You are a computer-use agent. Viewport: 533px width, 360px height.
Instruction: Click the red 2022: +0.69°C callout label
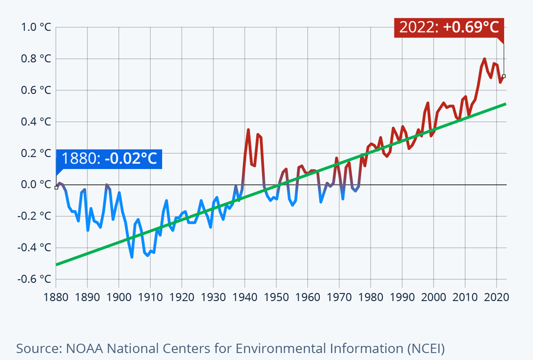pyautogui.click(x=449, y=27)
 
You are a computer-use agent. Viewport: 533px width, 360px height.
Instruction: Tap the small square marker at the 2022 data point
pyautogui.click(x=504, y=76)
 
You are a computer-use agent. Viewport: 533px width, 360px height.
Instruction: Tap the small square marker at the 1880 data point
pyautogui.click(x=56, y=188)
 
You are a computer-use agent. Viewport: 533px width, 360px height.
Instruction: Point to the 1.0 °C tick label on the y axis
pyautogui.click(x=36, y=27)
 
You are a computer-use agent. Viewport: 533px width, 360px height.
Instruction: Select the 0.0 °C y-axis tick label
pyautogui.click(x=36, y=185)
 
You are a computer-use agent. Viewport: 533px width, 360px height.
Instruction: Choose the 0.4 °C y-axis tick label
pyautogui.click(x=36, y=122)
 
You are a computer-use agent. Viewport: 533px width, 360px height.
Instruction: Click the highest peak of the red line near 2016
pyautogui.click(x=484, y=59)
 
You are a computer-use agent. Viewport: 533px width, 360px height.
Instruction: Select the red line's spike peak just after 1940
pyautogui.click(x=248, y=129)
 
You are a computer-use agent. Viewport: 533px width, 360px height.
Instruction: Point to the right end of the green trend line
pyautogui.click(x=506, y=104)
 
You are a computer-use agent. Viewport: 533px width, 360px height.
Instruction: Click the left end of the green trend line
pyautogui.click(x=57, y=264)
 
